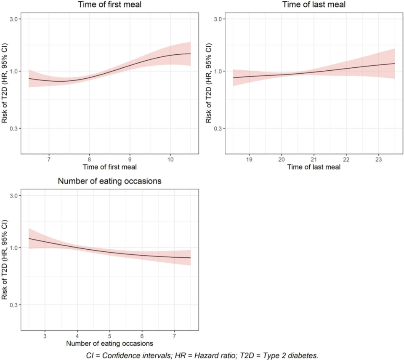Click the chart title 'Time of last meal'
312,5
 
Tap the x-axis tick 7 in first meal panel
49,160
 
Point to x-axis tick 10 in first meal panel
170,160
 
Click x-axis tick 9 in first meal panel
130,160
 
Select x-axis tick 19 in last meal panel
249,160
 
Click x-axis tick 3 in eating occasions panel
45,336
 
